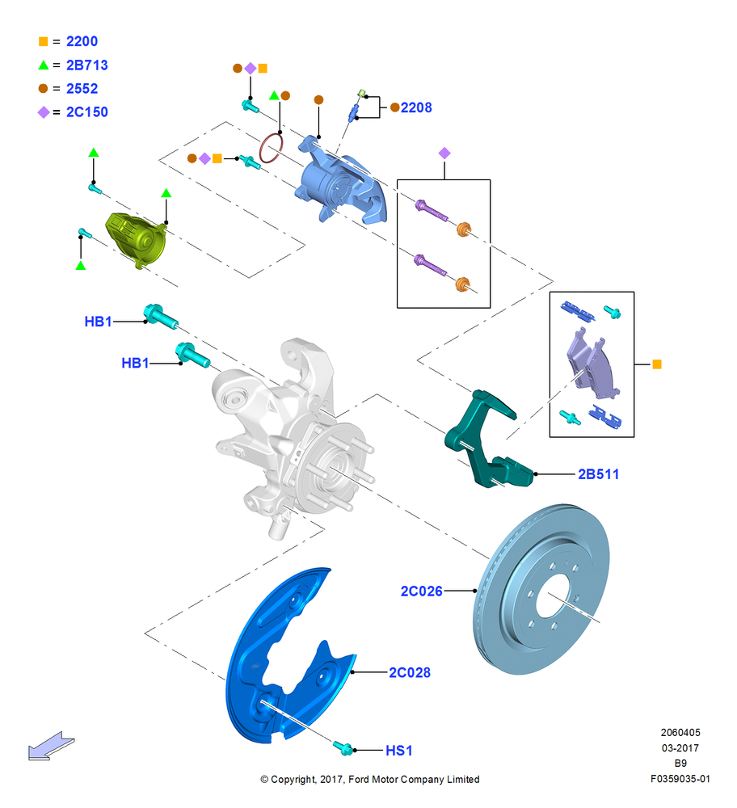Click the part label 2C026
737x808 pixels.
[421, 591]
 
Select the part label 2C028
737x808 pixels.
[409, 672]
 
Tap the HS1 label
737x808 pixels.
[399, 751]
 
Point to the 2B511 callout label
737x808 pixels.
[598, 474]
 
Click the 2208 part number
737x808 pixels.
[416, 107]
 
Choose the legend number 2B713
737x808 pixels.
[87, 65]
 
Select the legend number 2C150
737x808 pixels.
[87, 112]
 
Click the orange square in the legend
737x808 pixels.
[44, 42]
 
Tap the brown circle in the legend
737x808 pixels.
[44, 89]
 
